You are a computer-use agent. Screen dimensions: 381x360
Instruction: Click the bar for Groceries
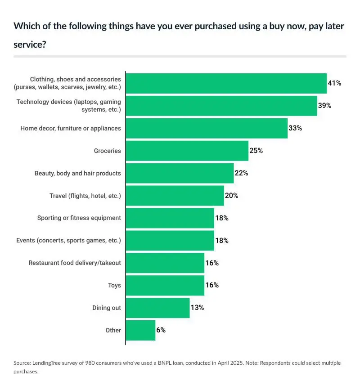187,151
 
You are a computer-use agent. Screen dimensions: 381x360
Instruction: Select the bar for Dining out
157,308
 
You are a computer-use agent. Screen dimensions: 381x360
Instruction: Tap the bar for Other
140,330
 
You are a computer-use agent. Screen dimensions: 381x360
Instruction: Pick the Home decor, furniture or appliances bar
207,128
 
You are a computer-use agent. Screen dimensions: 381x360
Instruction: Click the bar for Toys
165,285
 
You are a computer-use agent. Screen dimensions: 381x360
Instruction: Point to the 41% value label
334,83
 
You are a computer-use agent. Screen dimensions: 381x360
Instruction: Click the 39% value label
324,106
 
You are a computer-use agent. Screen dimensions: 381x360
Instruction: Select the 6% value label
161,330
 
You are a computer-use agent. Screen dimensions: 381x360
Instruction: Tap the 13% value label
197,308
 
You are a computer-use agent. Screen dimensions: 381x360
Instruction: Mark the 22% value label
241,173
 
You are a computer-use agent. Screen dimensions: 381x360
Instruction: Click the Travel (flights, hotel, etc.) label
85,196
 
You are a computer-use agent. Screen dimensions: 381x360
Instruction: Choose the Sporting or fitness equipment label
79,218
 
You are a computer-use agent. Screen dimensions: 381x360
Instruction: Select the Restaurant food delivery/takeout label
75,263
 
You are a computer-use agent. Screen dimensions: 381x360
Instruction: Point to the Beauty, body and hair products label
78,173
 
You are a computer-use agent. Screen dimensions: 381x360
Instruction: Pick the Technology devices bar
221,106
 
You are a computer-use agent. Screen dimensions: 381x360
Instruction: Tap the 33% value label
295,128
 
